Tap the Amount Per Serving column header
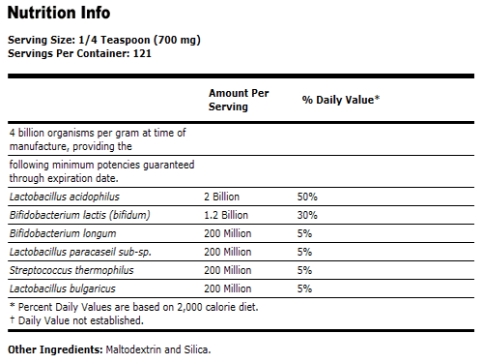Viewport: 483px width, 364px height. pyautogui.click(x=240, y=100)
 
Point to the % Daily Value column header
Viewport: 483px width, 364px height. pyautogui.click(x=340, y=100)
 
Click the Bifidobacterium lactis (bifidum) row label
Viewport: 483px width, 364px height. pyautogui.click(x=77, y=214)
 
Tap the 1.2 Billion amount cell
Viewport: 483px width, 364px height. pyautogui.click(x=226, y=214)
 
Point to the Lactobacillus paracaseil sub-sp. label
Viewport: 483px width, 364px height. pyautogui.click(x=79, y=251)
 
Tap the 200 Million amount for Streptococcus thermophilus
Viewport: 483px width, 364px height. pyautogui.click(x=228, y=269)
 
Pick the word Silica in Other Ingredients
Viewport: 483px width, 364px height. pyautogui.click(x=195, y=349)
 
